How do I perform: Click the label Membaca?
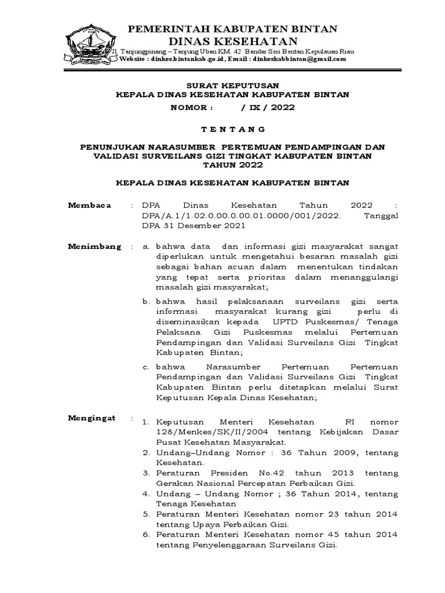point(89,206)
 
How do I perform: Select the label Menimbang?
point(95,246)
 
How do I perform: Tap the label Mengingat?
point(92,418)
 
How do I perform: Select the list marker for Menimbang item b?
point(147,301)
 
